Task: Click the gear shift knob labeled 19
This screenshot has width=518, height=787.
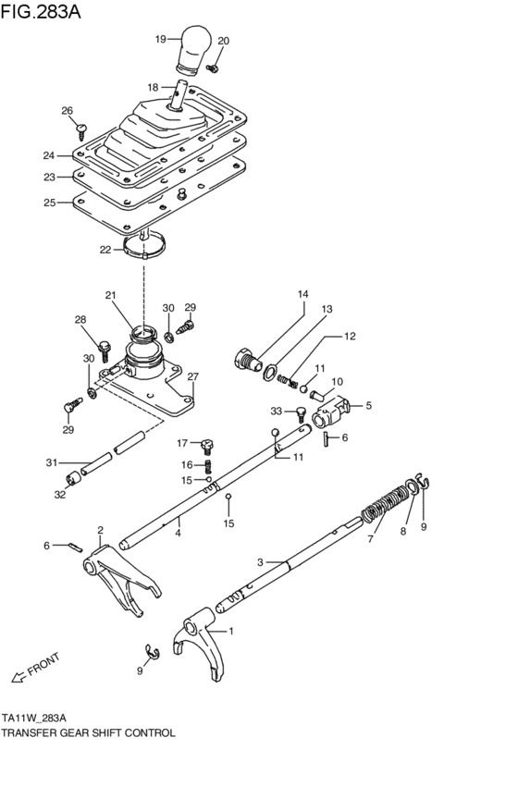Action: point(195,49)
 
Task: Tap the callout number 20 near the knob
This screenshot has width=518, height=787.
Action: point(223,42)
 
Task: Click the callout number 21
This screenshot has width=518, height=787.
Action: point(111,296)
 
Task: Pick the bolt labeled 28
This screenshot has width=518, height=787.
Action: point(105,347)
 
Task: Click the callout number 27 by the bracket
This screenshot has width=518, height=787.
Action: point(193,376)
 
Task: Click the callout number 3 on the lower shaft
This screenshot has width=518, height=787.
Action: point(261,561)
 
